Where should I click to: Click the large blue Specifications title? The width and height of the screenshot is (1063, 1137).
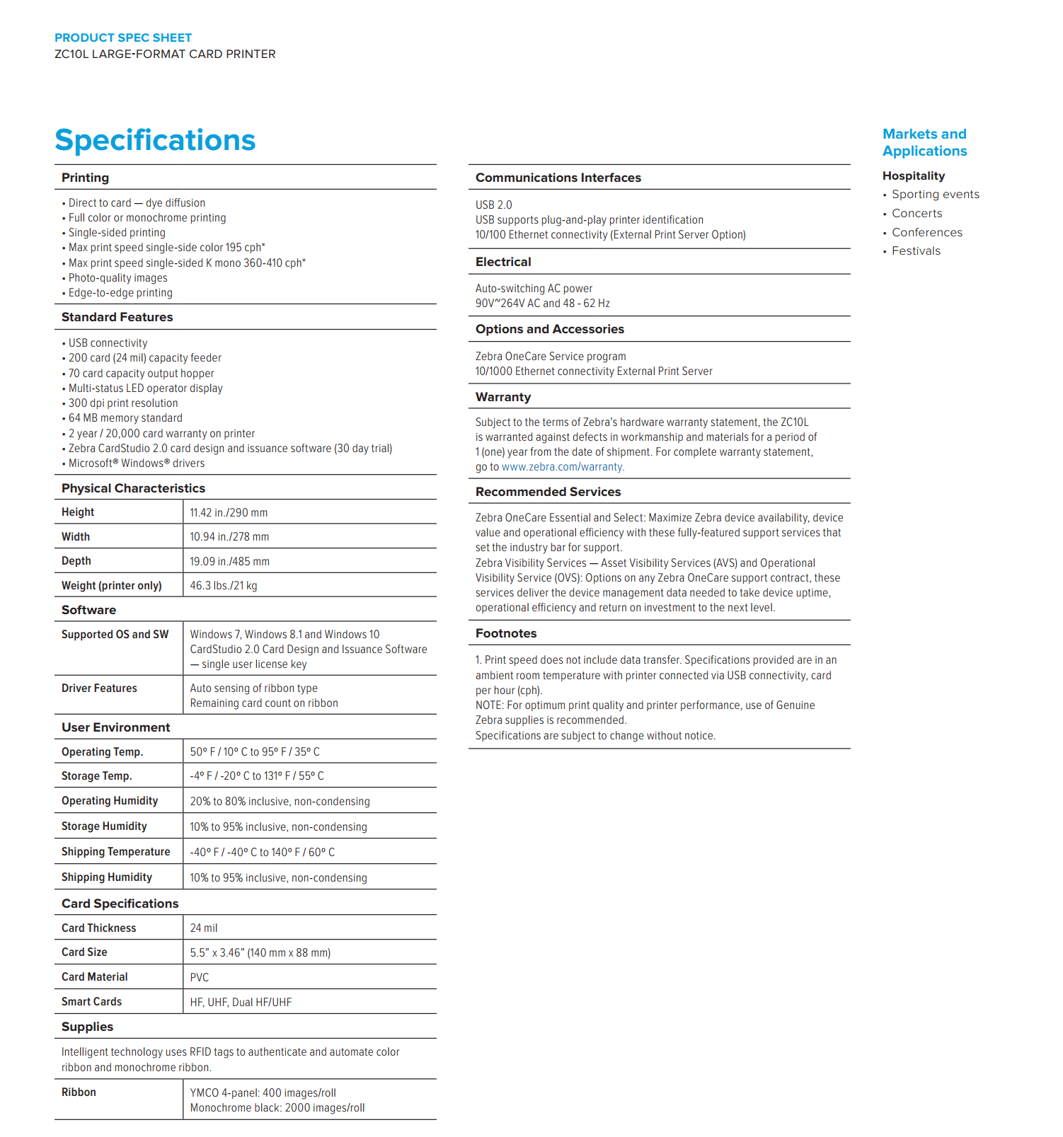pyautogui.click(x=155, y=140)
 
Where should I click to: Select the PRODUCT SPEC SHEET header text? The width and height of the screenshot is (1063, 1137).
pyautogui.click(x=123, y=38)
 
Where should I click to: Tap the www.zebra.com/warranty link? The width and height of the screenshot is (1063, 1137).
pyautogui.click(x=563, y=467)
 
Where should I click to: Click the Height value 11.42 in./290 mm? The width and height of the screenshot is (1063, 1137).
pyautogui.click(x=229, y=513)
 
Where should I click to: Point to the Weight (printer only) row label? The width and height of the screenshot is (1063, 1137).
pyautogui.click(x=111, y=586)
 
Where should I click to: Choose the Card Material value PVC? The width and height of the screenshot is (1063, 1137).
pyautogui.click(x=200, y=978)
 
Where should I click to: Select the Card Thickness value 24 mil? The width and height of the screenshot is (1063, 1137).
pyautogui.click(x=204, y=928)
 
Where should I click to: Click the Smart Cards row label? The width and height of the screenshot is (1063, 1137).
pyautogui.click(x=91, y=1002)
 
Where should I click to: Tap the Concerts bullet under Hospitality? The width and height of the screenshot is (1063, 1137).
pyautogui.click(x=917, y=214)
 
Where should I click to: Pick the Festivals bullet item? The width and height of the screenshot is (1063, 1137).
pyautogui.click(x=916, y=251)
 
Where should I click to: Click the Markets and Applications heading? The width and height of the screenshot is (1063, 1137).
pyautogui.click(x=924, y=143)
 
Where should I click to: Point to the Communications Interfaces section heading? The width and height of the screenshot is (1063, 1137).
pyautogui.click(x=558, y=178)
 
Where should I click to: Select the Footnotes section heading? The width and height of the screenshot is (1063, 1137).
pyautogui.click(x=506, y=634)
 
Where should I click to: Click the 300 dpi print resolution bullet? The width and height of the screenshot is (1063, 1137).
pyautogui.click(x=123, y=403)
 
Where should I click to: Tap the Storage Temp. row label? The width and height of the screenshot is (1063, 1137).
pyautogui.click(x=97, y=776)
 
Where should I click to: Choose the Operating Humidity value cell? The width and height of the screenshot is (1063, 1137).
pyautogui.click(x=280, y=802)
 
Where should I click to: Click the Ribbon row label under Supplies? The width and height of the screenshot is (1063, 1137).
pyautogui.click(x=79, y=1092)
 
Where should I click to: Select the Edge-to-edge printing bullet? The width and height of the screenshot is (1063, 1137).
pyautogui.click(x=120, y=293)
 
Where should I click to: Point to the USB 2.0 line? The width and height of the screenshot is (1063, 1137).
pyautogui.click(x=493, y=205)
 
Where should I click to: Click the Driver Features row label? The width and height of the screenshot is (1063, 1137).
pyautogui.click(x=99, y=688)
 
